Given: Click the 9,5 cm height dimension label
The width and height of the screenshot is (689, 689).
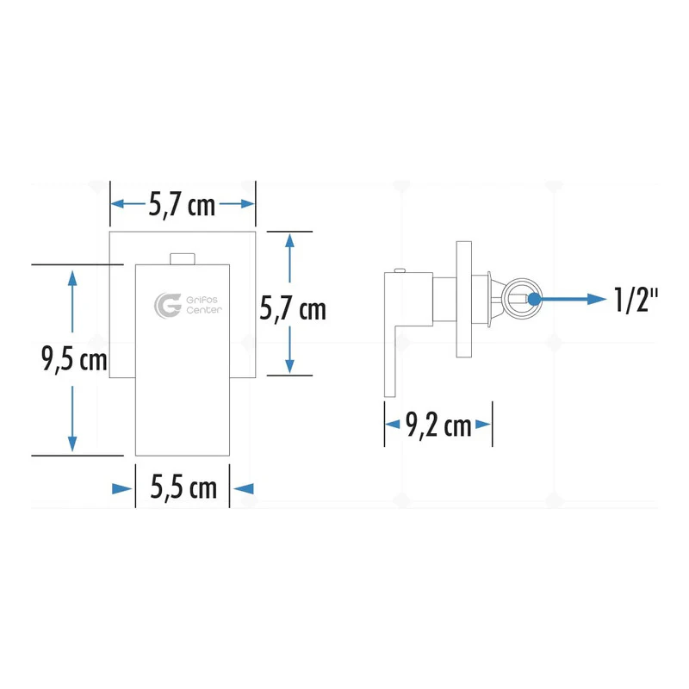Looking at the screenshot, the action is coord(74,359).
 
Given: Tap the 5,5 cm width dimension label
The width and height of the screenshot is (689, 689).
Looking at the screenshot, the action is coord(183,487).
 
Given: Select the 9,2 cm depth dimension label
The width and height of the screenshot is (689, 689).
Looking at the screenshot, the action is coord(438,425).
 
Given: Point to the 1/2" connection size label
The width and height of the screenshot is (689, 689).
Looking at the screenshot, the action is coord(636,300).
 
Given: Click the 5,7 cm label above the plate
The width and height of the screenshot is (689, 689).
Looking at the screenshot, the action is coord(182,205).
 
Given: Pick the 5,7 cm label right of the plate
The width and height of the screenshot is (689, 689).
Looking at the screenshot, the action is coord(293,308).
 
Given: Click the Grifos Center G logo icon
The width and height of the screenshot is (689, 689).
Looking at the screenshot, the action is coord(167,305).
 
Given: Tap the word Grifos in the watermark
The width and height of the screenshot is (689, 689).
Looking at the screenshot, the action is coord(202,300).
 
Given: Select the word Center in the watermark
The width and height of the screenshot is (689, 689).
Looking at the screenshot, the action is coord(204,310).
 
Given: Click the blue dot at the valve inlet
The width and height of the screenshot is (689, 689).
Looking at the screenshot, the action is coord(534,299).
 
